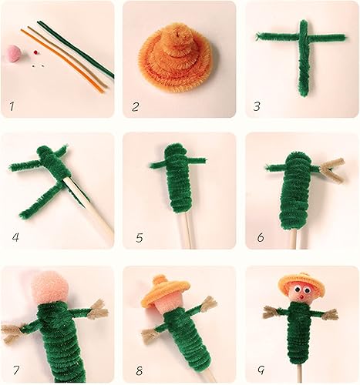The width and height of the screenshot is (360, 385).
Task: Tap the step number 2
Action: (x=136, y=105)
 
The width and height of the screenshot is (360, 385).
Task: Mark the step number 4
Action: (x=15, y=236)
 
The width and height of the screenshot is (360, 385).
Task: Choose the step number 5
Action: (x=139, y=237)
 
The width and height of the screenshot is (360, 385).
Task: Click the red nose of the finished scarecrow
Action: (x=298, y=297)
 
